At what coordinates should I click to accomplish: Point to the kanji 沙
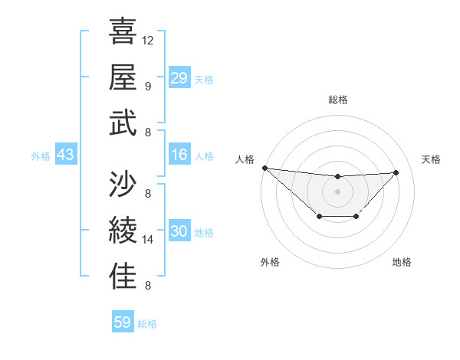point(123,184)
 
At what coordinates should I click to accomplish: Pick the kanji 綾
point(123,231)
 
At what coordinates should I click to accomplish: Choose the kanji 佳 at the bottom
point(123,277)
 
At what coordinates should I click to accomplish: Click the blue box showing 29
point(179,78)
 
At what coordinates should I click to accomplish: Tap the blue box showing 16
point(179,155)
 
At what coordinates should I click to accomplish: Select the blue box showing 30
point(179,232)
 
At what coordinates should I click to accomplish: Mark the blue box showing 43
point(65,155)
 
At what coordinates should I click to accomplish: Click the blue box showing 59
point(122,322)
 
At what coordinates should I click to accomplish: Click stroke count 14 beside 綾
point(148,240)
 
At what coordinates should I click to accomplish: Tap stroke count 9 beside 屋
point(147,86)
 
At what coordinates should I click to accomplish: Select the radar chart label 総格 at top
point(337,100)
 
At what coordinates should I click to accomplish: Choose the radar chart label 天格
point(432,159)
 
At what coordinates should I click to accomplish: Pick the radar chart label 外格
point(269,262)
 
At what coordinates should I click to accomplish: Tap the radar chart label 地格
point(402,262)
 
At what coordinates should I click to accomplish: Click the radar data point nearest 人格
point(264,168)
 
